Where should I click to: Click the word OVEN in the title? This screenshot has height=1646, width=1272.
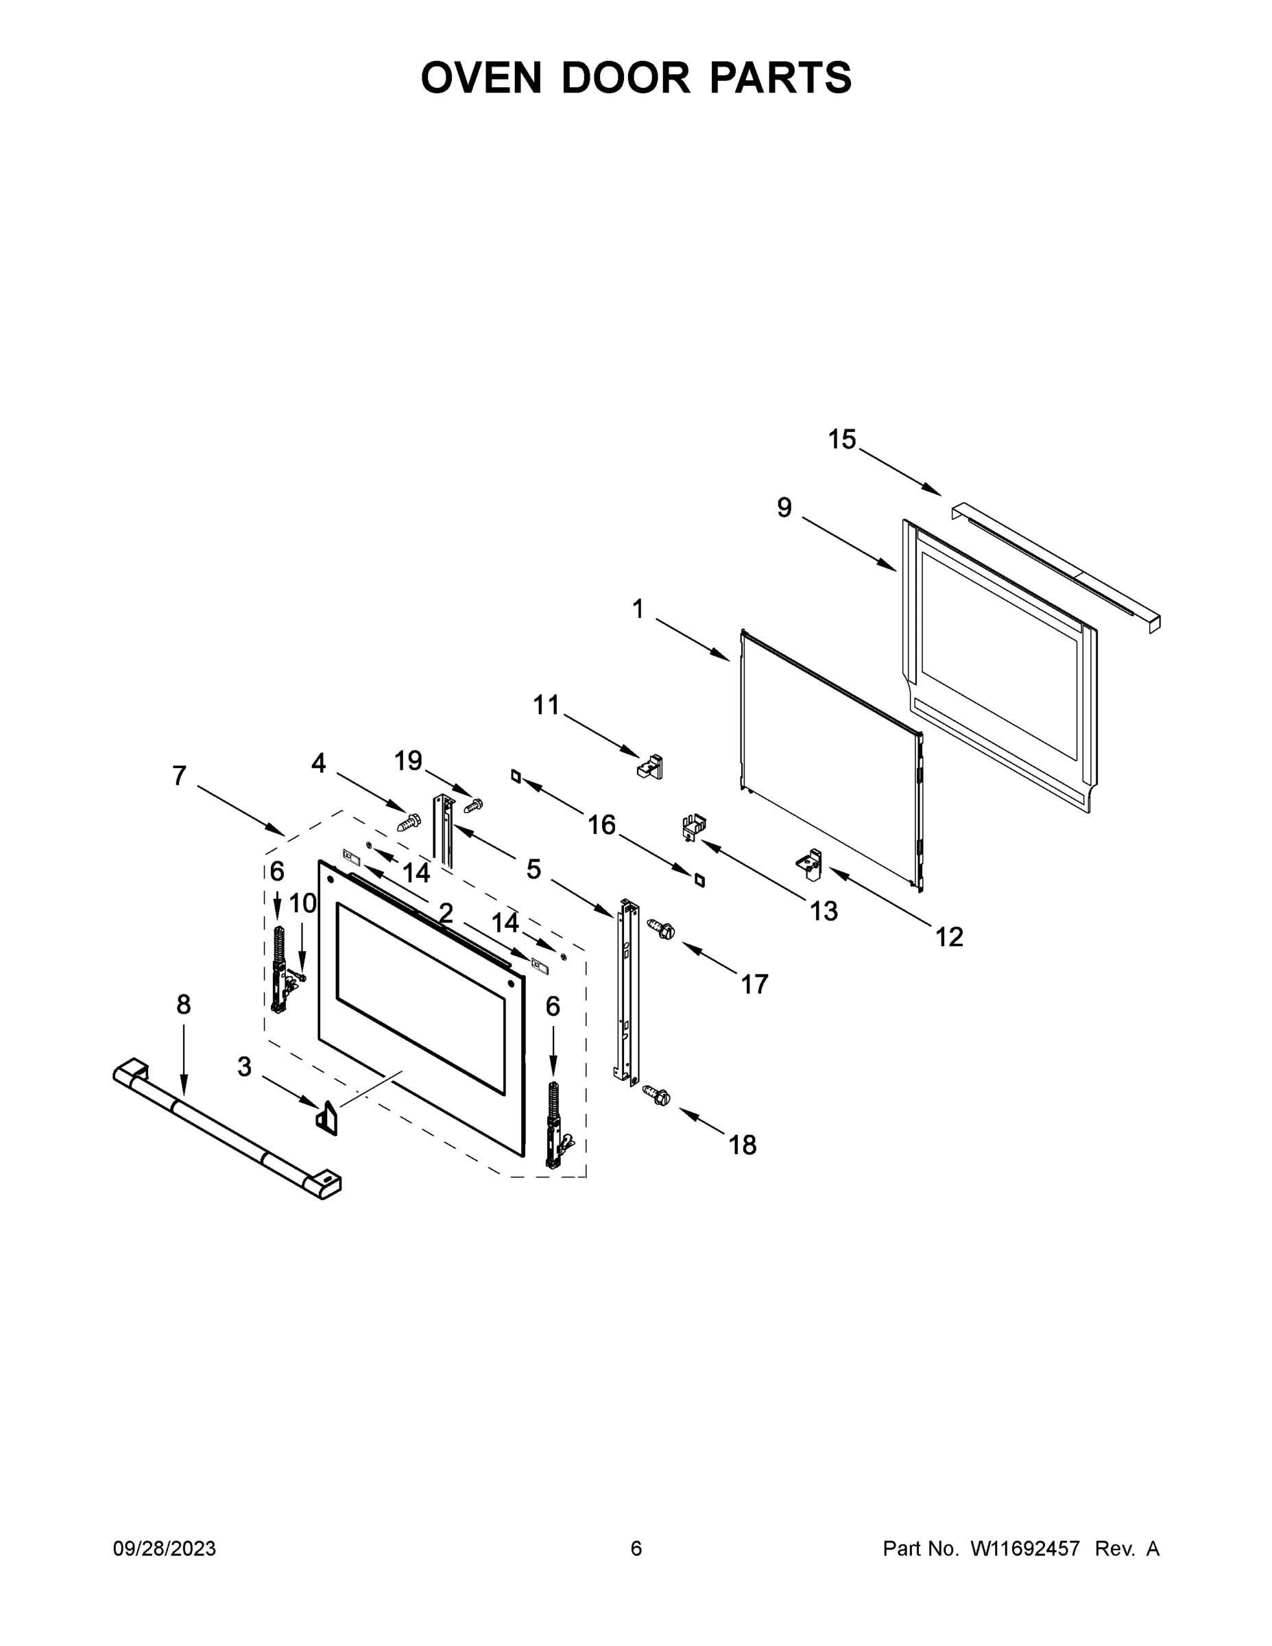(481, 77)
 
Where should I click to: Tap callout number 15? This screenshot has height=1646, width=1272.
(842, 440)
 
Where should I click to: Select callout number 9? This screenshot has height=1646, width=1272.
(784, 508)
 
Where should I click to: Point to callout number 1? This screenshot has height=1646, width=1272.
(638, 609)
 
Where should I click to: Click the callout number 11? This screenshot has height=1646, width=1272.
(547, 706)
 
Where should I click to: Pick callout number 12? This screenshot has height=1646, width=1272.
(950, 937)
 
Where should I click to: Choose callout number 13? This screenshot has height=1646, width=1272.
(824, 911)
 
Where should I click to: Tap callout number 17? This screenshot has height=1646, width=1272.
(754, 983)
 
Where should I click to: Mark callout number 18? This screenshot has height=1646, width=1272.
(742, 1145)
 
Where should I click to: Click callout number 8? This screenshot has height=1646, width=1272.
(184, 1005)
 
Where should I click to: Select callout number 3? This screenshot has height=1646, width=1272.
(244, 1066)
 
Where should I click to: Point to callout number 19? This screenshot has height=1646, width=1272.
(409, 761)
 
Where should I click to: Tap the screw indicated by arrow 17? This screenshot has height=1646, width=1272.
(661, 929)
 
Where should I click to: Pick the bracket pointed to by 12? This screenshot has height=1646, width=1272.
(810, 863)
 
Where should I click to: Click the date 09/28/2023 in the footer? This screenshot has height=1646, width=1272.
(165, 1549)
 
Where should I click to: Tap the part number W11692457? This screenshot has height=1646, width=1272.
(1025, 1549)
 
